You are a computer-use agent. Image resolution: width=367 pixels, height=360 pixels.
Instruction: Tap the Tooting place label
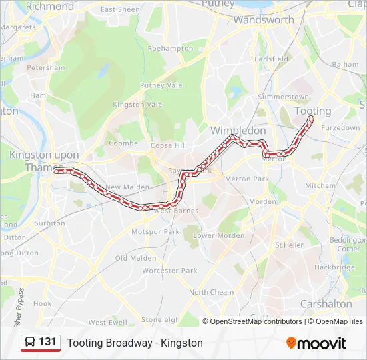tap(312, 111)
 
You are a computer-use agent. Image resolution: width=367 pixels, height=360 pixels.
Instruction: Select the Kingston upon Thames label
tap(43, 161)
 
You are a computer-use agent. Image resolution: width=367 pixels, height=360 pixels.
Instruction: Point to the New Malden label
tap(123, 187)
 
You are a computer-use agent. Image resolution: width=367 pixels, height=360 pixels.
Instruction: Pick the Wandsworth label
tap(263, 20)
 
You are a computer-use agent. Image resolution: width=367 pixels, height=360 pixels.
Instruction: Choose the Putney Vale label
tap(161, 85)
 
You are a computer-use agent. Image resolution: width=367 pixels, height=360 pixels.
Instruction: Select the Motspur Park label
tap(155, 232)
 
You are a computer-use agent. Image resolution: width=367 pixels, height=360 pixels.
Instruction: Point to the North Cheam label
tap(211, 292)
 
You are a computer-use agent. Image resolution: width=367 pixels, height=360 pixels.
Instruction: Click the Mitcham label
tap(320, 185)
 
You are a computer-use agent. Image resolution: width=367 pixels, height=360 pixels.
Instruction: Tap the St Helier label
tap(289, 245)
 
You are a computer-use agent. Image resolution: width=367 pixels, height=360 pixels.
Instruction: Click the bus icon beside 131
tap(30, 343)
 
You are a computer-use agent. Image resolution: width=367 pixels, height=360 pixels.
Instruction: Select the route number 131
tap(47, 342)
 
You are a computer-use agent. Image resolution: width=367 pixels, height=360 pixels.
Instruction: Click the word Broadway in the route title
tap(126, 343)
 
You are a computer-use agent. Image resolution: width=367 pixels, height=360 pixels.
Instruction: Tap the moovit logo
tap(316, 343)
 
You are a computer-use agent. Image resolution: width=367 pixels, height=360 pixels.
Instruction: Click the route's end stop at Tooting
tap(311, 119)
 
